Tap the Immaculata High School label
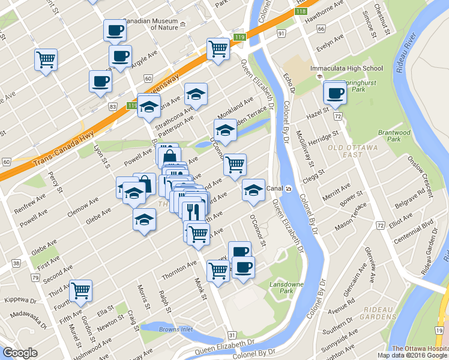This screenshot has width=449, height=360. [x=346, y=68]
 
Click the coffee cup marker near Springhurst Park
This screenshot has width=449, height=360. [x=335, y=92]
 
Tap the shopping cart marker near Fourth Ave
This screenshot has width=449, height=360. [x=80, y=291]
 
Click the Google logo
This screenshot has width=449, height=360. [x=20, y=353]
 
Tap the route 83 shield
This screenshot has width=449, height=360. [x=112, y=106]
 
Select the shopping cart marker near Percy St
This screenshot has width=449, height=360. [x=46, y=60]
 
